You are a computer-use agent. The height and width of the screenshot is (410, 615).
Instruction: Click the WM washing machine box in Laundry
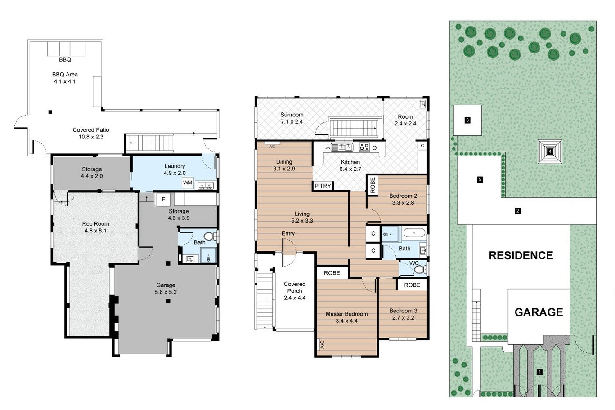coord(188,183)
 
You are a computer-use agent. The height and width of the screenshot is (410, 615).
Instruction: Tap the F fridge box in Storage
coord(163,199)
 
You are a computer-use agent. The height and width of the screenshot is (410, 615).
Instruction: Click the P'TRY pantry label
coord(323,186)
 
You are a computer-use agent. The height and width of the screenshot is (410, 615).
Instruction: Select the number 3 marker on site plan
coord(467,120)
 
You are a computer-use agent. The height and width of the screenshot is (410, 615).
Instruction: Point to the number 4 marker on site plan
coord(550,151)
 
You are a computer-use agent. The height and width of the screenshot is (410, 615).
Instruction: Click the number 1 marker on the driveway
coord(539,372)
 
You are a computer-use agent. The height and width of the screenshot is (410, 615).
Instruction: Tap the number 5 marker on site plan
coord(480,179)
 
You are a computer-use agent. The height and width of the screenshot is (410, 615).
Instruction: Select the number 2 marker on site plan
coord(518,211)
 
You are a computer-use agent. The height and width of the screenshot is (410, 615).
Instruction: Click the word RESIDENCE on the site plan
coord(521,255)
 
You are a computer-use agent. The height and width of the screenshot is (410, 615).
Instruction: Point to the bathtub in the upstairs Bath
coord(414,233)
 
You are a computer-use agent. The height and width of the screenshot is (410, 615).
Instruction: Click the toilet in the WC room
coord(420,269)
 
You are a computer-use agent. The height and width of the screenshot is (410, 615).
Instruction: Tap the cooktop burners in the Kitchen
coord(364,147)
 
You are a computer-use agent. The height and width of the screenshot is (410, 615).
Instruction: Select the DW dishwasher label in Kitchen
coord(327,148)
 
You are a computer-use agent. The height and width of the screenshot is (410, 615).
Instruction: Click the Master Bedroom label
coord(347,314)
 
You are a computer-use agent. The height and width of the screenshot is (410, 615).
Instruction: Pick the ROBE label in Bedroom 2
coord(373,185)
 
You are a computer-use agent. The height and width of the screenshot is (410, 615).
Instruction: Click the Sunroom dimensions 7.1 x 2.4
coord(292,121)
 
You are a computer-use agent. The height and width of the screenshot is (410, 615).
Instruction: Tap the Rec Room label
coord(95,224)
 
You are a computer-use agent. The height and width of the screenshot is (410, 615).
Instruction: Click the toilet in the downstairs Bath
coord(210,236)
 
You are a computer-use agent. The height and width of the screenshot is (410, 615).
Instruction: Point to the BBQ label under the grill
coord(65,59)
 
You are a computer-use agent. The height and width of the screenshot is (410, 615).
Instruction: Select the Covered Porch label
coord(295,287)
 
